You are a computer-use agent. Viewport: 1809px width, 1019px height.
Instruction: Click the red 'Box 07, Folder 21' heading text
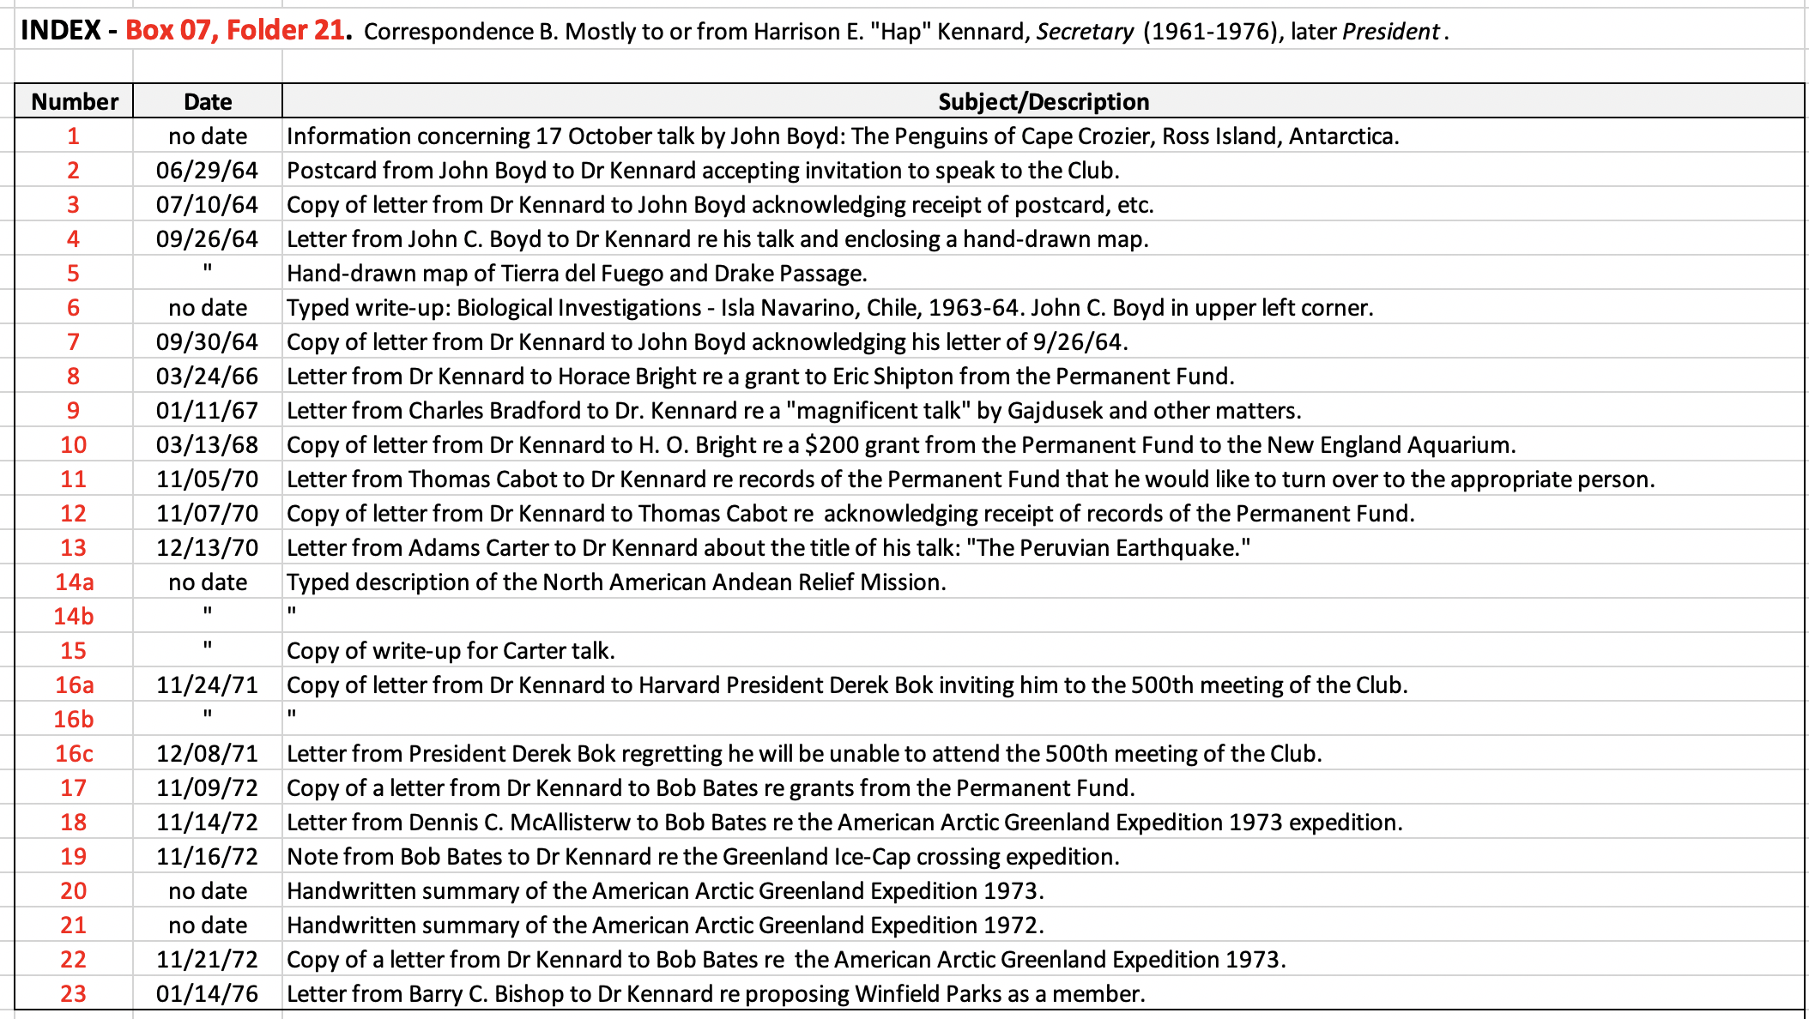pyautogui.click(x=236, y=30)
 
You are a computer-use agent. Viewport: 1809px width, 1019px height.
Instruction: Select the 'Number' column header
pyautogui.click(x=75, y=101)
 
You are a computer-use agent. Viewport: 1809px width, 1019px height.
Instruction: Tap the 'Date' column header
pyautogui.click(x=208, y=101)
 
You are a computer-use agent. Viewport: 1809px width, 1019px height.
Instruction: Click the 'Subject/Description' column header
pyautogui.click(x=1043, y=101)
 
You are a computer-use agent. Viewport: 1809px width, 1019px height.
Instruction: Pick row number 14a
pyautogui.click(x=74, y=582)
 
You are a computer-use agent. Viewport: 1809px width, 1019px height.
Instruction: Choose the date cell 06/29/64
pyautogui.click(x=207, y=170)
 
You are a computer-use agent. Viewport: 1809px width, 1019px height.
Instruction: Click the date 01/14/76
pyautogui.click(x=207, y=993)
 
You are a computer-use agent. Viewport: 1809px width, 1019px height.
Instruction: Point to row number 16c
pyautogui.click(x=74, y=753)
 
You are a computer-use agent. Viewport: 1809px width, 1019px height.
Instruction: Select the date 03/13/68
pyautogui.click(x=207, y=444)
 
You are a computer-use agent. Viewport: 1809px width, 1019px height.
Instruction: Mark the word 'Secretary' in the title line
pyautogui.click(x=1085, y=32)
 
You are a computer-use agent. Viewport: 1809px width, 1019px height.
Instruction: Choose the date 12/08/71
pyautogui.click(x=207, y=753)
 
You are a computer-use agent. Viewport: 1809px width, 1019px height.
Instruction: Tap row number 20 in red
pyautogui.click(x=74, y=890)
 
